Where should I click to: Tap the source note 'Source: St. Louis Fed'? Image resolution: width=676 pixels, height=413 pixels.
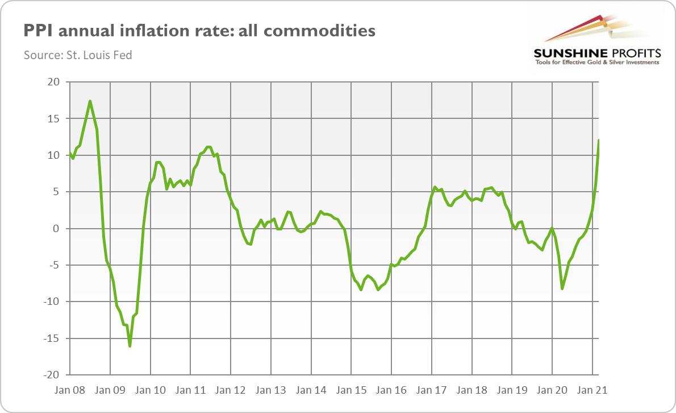tap(78, 56)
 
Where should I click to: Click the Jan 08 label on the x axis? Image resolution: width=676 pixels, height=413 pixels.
tap(70, 390)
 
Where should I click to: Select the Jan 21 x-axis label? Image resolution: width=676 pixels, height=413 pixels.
tap(593, 390)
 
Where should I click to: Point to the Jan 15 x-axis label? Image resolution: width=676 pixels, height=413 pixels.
tap(352, 390)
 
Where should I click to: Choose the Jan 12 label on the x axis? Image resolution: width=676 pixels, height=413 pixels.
tap(231, 390)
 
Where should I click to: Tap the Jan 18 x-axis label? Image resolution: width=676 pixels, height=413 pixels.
tap(472, 390)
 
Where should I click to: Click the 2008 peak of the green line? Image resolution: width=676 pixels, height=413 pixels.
tap(90, 101)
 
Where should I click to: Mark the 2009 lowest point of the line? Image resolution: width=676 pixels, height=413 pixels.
tap(130, 346)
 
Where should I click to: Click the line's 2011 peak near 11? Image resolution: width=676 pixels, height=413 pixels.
tap(208, 147)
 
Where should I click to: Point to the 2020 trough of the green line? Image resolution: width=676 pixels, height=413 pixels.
tap(562, 289)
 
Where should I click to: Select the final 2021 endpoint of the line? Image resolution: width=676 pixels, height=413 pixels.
tap(599, 140)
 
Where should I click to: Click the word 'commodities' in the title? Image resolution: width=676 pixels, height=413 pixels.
tap(321, 30)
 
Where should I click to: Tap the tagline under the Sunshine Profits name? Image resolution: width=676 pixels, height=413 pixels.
tap(597, 62)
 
